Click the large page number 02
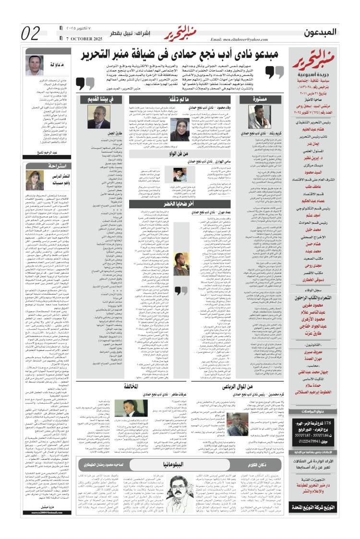tap(31, 33)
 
